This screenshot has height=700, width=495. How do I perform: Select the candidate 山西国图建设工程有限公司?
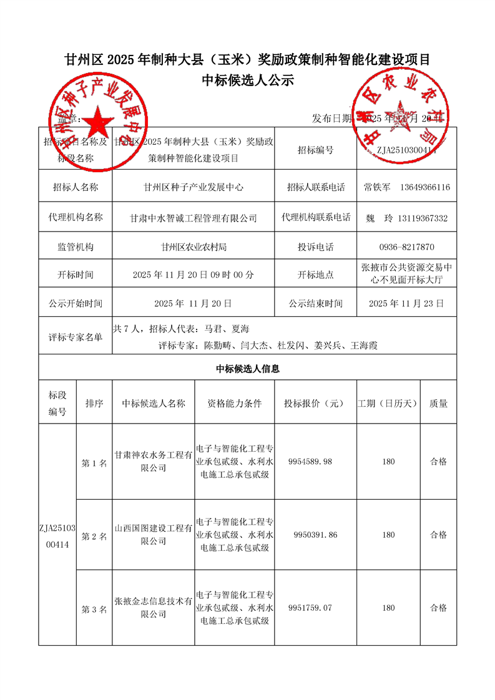tap(154, 535)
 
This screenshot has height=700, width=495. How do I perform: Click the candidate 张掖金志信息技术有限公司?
tap(154, 608)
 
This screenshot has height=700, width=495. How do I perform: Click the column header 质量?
tap(438, 404)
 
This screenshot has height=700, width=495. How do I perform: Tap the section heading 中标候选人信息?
tap(247, 369)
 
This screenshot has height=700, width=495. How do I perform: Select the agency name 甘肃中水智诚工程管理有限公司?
tap(194, 218)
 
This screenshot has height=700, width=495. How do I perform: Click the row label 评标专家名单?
tap(76, 338)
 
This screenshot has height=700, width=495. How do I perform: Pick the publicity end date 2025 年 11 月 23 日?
tap(406, 304)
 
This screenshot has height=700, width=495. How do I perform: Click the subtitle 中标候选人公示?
tap(247, 81)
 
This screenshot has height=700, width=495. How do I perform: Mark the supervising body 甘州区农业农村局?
tap(194, 247)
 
